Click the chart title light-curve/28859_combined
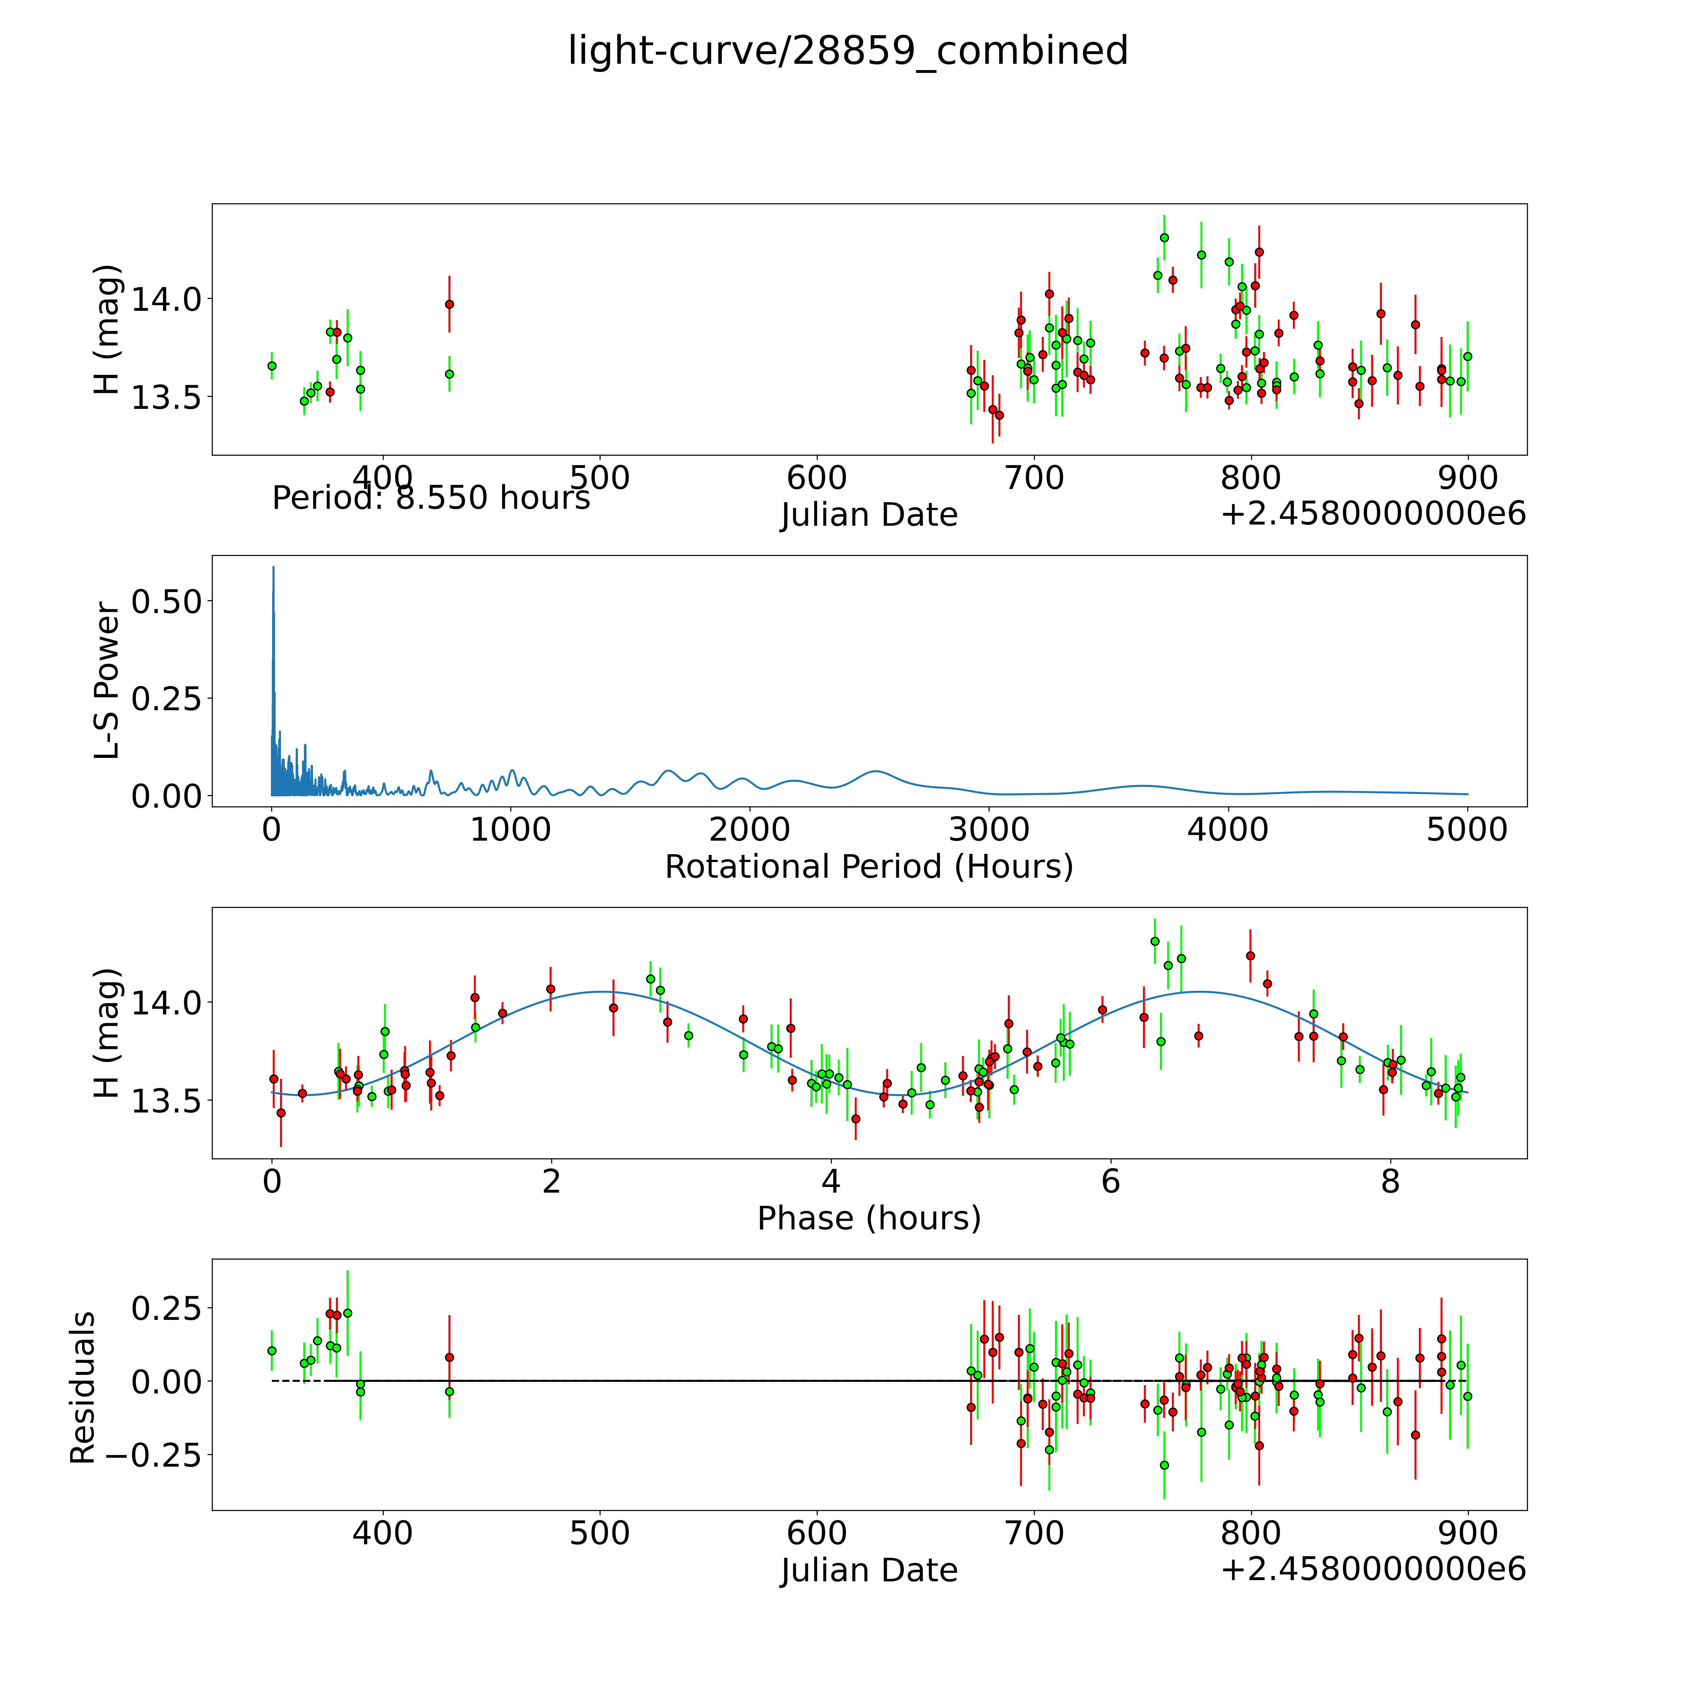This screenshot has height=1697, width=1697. [848, 51]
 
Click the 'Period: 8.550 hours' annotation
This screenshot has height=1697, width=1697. [431, 498]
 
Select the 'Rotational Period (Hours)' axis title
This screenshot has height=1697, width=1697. [869, 867]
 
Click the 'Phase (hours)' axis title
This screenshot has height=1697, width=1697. [869, 1218]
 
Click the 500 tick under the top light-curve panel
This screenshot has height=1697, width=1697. [600, 479]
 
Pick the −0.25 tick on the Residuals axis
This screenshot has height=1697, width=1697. [154, 1455]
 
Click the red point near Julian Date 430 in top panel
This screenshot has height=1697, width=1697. [449, 304]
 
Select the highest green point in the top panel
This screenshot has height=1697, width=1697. [1164, 237]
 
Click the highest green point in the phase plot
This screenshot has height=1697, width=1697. [1154, 941]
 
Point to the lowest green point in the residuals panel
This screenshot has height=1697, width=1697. [1164, 1465]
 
